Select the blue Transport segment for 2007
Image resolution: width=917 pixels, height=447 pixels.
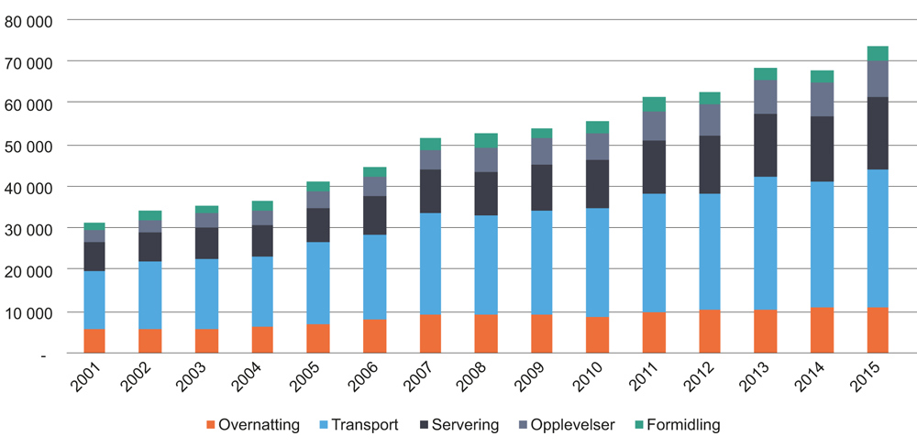[x=430, y=264]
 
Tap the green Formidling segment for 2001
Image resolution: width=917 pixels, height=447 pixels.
[x=94, y=226]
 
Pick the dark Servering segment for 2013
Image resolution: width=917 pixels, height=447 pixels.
[x=766, y=145]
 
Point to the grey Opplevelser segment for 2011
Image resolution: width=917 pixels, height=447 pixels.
[x=654, y=125]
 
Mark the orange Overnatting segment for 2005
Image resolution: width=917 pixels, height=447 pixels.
[x=318, y=338]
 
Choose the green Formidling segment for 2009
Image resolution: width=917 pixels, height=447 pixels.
[x=542, y=133]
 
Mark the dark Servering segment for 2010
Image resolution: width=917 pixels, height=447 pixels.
[x=598, y=183]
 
